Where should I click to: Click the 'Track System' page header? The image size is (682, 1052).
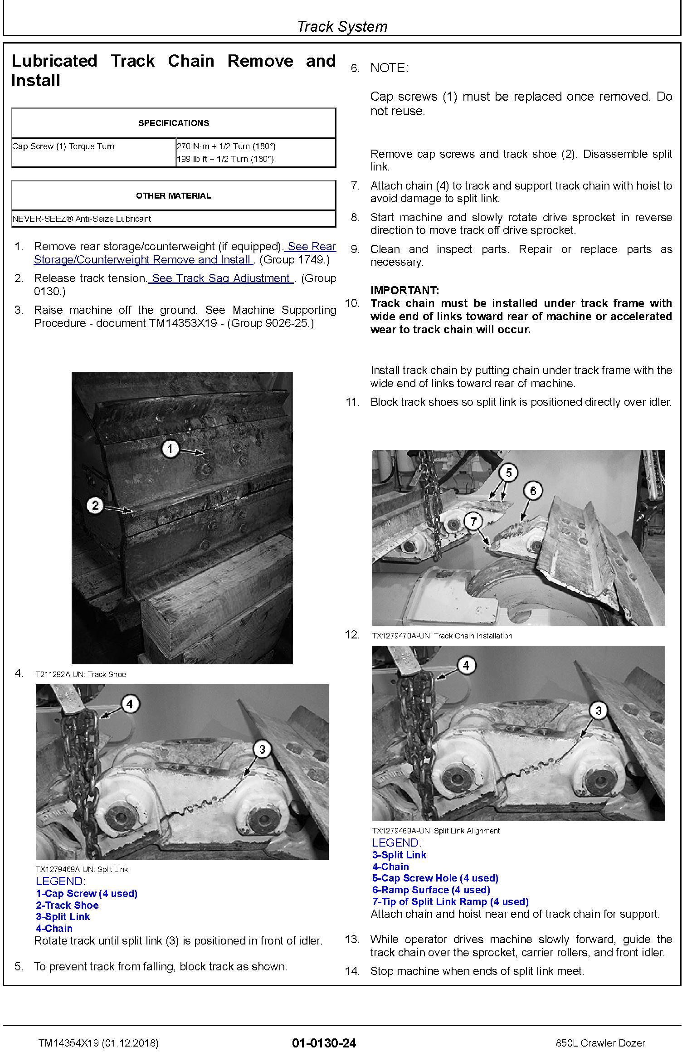pyautogui.click(x=342, y=26)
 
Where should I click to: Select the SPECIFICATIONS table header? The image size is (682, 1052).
pyautogui.click(x=173, y=123)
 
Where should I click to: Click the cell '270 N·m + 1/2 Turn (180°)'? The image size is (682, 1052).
pyautogui.click(x=226, y=146)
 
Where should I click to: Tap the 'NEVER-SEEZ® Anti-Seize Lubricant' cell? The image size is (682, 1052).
pyautogui.click(x=82, y=219)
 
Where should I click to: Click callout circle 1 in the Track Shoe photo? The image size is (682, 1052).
pyautogui.click(x=170, y=449)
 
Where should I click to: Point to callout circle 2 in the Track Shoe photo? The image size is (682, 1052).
pyautogui.click(x=95, y=505)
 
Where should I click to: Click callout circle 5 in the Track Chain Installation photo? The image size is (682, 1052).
pyautogui.click(x=509, y=472)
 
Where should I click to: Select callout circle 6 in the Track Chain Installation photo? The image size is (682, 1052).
pyautogui.click(x=533, y=491)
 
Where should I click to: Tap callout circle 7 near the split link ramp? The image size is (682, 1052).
pyautogui.click(x=473, y=521)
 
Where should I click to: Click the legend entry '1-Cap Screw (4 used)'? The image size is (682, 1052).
pyautogui.click(x=87, y=893)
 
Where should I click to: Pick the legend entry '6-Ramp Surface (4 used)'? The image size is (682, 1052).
pyautogui.click(x=431, y=890)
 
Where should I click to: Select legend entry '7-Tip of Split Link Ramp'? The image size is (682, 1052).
pyautogui.click(x=450, y=901)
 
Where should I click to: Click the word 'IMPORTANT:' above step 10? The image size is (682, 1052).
pyautogui.click(x=404, y=290)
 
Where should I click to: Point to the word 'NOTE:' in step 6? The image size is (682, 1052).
pyautogui.click(x=389, y=68)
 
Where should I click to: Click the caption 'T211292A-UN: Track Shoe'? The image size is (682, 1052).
pyautogui.click(x=81, y=674)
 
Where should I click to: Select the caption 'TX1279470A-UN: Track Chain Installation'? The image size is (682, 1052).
pyautogui.click(x=442, y=636)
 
